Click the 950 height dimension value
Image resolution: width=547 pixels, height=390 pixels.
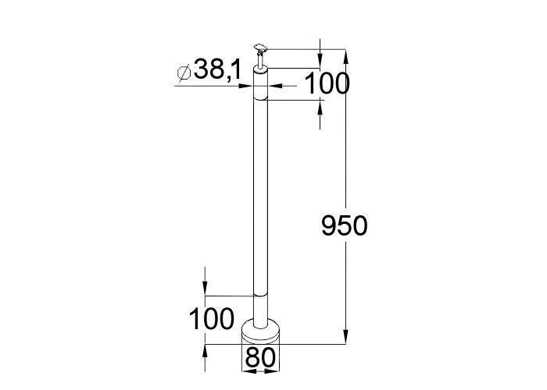(x=345, y=225)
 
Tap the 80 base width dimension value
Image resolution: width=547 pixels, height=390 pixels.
(x=260, y=357)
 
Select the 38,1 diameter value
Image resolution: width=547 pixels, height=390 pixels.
(x=218, y=69)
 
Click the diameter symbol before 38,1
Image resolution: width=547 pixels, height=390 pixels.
(x=184, y=73)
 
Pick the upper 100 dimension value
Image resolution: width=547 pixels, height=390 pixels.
(x=327, y=84)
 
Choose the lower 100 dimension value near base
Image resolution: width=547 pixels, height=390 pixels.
(x=212, y=319)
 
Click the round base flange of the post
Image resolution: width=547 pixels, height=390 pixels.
(x=260, y=330)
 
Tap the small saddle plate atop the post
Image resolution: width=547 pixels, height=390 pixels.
(x=260, y=48)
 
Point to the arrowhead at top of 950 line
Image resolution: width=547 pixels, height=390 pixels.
(x=345, y=56)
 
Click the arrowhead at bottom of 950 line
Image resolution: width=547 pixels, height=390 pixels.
(x=345, y=337)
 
